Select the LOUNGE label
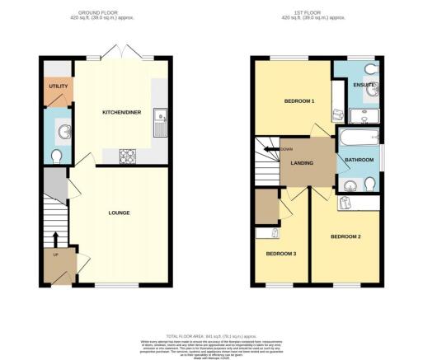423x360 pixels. click(119, 213)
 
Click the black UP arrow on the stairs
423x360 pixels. click(55, 238)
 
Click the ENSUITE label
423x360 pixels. click(364, 85)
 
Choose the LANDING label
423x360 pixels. click(303, 162)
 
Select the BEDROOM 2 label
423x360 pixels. click(345, 236)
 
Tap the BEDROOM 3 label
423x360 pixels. click(280, 253)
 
